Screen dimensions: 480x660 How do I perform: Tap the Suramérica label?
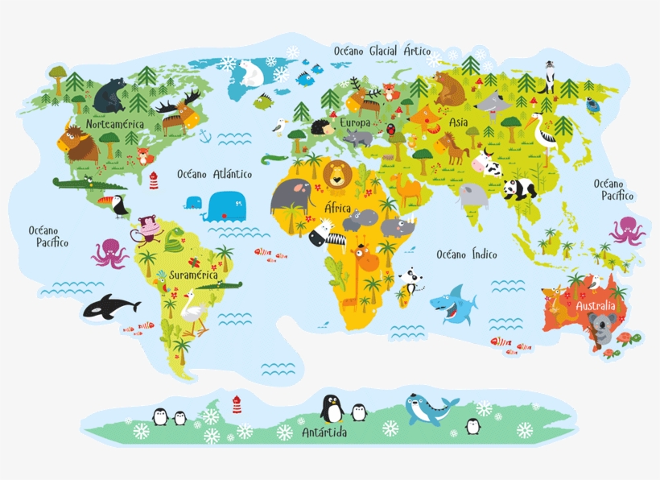point(187,275)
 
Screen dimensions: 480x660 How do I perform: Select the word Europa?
point(355,122)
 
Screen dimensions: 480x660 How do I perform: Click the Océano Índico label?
point(467,254)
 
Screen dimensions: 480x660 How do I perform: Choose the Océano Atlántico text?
point(214,174)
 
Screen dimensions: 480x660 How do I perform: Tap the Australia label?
point(596,306)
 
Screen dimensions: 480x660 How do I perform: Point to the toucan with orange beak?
point(118,205)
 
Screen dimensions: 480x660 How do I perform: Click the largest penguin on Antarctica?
point(331,408)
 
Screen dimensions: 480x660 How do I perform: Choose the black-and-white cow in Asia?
point(488,163)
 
